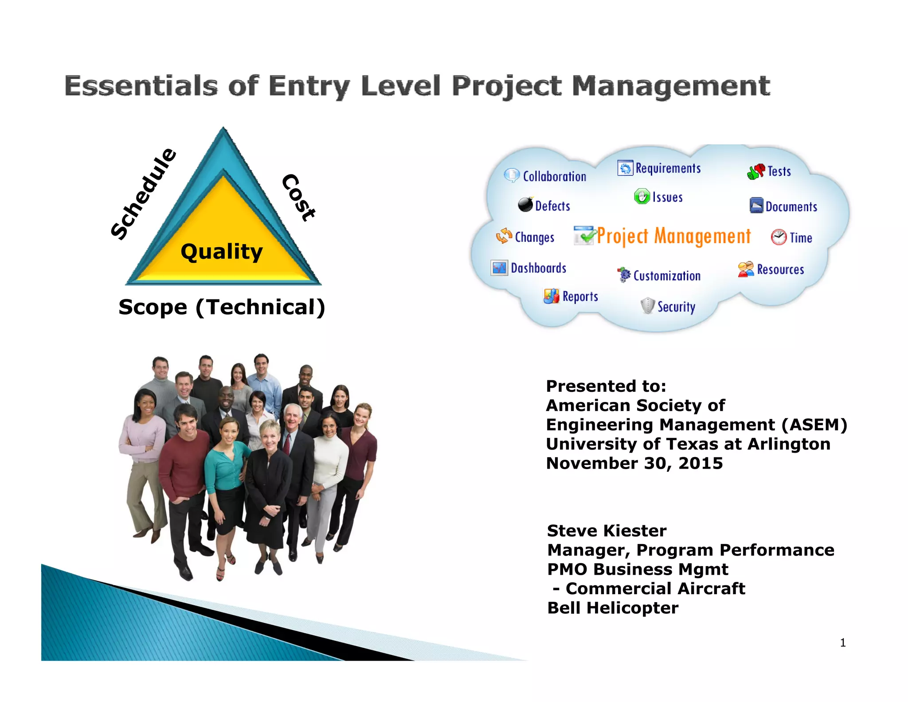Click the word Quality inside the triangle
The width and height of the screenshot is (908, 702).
222,252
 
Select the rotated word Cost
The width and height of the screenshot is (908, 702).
299,197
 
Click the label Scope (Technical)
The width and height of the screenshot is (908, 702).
222,307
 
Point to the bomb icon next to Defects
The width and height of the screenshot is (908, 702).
526,205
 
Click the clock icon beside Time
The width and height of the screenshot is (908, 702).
779,237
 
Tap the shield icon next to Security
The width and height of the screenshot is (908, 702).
648,306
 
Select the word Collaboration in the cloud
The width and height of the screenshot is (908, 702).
554,177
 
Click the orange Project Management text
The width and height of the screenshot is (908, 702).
673,236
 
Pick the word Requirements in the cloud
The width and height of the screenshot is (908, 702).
668,169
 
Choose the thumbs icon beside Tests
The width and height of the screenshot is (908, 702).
756,171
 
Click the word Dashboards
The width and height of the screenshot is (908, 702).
538,268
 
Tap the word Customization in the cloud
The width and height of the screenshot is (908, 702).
667,276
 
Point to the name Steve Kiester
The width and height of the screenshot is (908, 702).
607,531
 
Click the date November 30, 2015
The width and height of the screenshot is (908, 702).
634,463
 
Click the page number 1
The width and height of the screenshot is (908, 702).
842,643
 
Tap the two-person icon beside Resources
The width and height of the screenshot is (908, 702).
746,269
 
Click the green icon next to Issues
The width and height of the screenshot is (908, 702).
642,197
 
